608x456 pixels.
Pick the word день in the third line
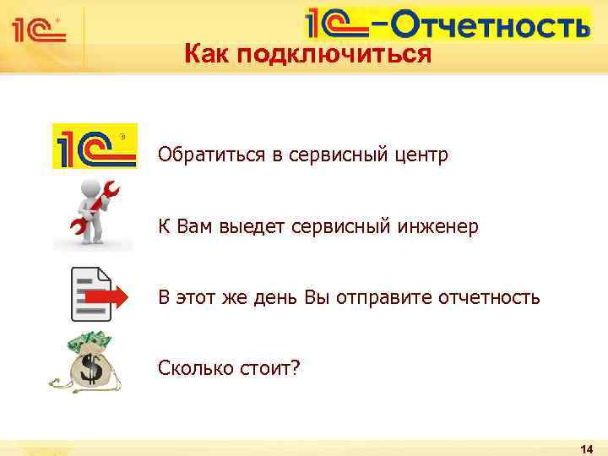[294, 297]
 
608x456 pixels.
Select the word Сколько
[188, 368]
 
